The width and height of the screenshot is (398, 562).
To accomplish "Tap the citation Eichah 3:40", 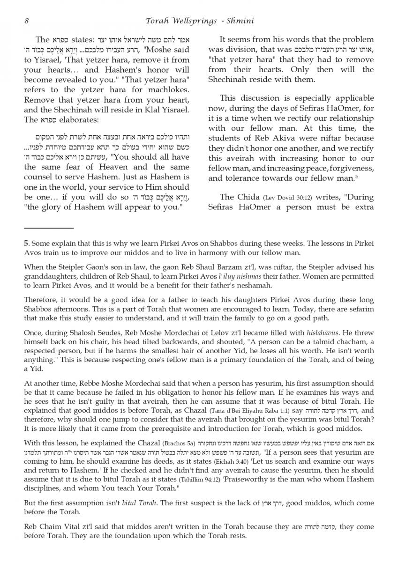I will (x=205, y=461).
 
